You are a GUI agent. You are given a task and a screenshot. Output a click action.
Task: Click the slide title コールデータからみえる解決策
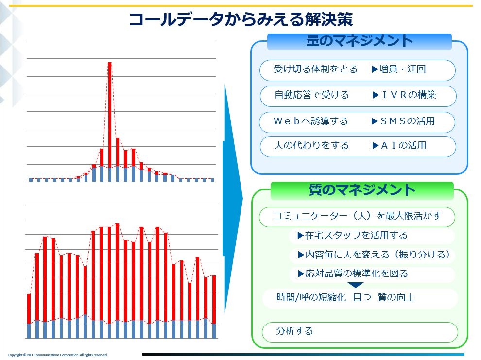pos(241,19)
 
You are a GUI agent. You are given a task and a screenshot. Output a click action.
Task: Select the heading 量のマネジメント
pos(359,41)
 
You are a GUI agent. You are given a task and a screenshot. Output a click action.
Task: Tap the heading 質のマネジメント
pos(362,190)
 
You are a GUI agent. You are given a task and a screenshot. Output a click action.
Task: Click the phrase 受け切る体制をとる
pos(315,69)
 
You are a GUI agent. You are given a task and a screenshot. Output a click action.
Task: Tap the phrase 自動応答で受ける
pos(311,95)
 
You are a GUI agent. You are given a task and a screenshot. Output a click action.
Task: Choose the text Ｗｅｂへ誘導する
pos(310,121)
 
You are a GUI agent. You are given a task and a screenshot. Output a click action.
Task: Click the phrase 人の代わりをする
pos(311,145)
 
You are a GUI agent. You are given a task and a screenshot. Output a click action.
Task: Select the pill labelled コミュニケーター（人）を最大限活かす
pos(357,217)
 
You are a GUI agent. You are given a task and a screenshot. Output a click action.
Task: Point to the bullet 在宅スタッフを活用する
pos(352,236)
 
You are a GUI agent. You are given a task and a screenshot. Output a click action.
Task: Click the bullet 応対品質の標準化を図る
pos(353,274)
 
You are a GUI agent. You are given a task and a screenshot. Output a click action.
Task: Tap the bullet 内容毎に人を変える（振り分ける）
pos(374,255)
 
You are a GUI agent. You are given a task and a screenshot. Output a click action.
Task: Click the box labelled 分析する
pos(360,332)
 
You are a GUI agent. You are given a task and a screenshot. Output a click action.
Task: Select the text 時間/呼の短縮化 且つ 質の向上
pos(345,297)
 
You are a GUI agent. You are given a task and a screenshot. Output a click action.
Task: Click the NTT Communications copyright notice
pos(58,355)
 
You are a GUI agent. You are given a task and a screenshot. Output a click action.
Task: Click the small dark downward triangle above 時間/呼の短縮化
pos(356,285)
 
